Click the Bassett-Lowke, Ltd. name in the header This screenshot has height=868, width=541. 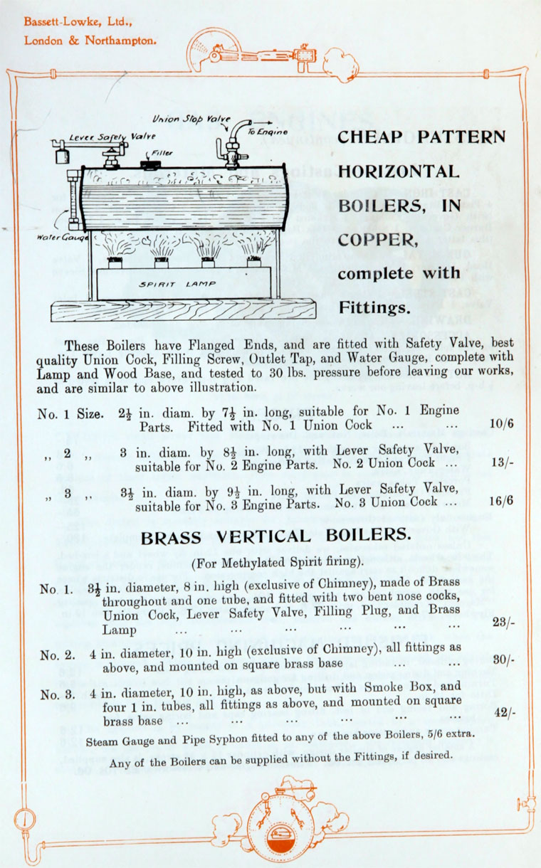click(68, 21)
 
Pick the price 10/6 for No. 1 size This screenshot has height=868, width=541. click(502, 425)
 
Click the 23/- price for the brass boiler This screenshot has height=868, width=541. click(503, 622)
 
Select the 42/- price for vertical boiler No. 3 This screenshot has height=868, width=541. click(503, 712)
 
